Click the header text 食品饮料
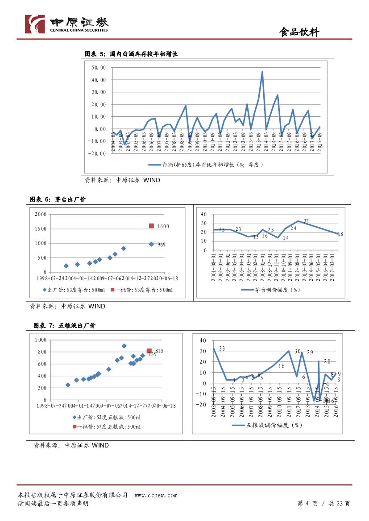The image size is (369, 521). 299,32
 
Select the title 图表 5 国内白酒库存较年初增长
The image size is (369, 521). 131,54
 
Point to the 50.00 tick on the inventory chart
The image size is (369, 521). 99,68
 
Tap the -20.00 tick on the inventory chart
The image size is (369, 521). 98,154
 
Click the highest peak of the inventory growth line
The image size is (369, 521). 262,72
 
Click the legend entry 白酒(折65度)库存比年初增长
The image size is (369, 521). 206,164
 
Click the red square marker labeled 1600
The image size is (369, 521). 151,226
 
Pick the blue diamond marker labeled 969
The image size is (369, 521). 151,244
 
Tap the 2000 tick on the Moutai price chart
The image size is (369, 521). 41,214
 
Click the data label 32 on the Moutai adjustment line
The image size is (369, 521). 306,221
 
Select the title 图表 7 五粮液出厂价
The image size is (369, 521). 64,326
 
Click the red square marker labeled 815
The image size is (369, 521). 149,351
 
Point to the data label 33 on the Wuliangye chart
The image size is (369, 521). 222,349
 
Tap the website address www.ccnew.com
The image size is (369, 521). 156,495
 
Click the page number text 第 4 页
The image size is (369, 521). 307,504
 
